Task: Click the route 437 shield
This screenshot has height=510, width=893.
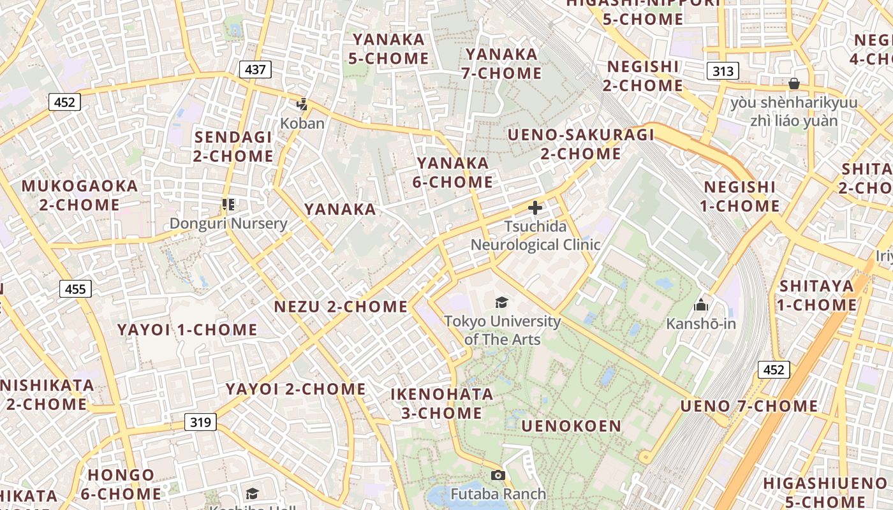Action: [255, 69]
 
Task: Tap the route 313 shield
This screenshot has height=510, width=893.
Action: [723, 71]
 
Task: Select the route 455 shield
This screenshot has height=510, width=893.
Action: [75, 289]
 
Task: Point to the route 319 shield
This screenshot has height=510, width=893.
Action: [200, 421]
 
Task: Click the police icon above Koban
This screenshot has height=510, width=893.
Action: [302, 105]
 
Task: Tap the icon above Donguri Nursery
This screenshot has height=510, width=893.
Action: [228, 205]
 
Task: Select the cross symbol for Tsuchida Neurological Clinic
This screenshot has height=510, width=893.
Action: [535, 208]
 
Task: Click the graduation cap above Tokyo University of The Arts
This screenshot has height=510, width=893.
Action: [502, 302]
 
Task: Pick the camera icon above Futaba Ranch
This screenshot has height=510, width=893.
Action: [498, 475]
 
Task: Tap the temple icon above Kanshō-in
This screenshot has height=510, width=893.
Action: [701, 305]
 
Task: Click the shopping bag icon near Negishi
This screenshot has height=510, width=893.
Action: [794, 84]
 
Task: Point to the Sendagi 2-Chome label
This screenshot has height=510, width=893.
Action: [233, 147]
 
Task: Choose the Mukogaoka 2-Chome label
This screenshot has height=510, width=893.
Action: [80, 196]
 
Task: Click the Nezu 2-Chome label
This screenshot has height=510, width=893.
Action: [341, 307]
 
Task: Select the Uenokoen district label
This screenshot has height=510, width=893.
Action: [571, 426]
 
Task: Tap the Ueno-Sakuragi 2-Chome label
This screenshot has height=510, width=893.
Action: [581, 144]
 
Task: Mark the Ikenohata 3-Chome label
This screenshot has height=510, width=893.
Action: [441, 404]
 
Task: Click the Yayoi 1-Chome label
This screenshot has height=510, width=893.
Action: [187, 330]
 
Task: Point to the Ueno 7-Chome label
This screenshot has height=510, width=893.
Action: [749, 406]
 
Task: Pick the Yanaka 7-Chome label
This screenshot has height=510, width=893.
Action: [502, 64]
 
